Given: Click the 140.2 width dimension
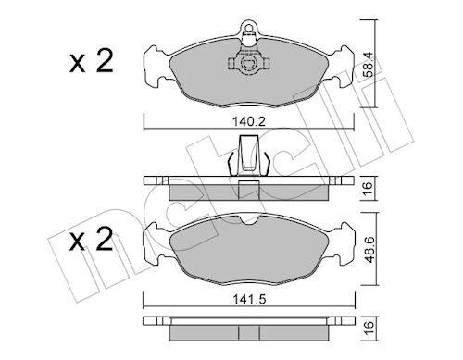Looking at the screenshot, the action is point(248,122).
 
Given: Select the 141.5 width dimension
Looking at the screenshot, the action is point(249,300).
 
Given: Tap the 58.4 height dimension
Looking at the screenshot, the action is point(368,64).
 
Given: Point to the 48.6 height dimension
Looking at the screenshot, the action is point(369,249).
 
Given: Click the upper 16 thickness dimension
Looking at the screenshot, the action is point(368,188).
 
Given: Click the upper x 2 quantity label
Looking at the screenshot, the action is point(92,62).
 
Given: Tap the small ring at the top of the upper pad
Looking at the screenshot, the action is point(248,27).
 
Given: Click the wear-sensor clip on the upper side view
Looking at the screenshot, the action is point(249,155).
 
